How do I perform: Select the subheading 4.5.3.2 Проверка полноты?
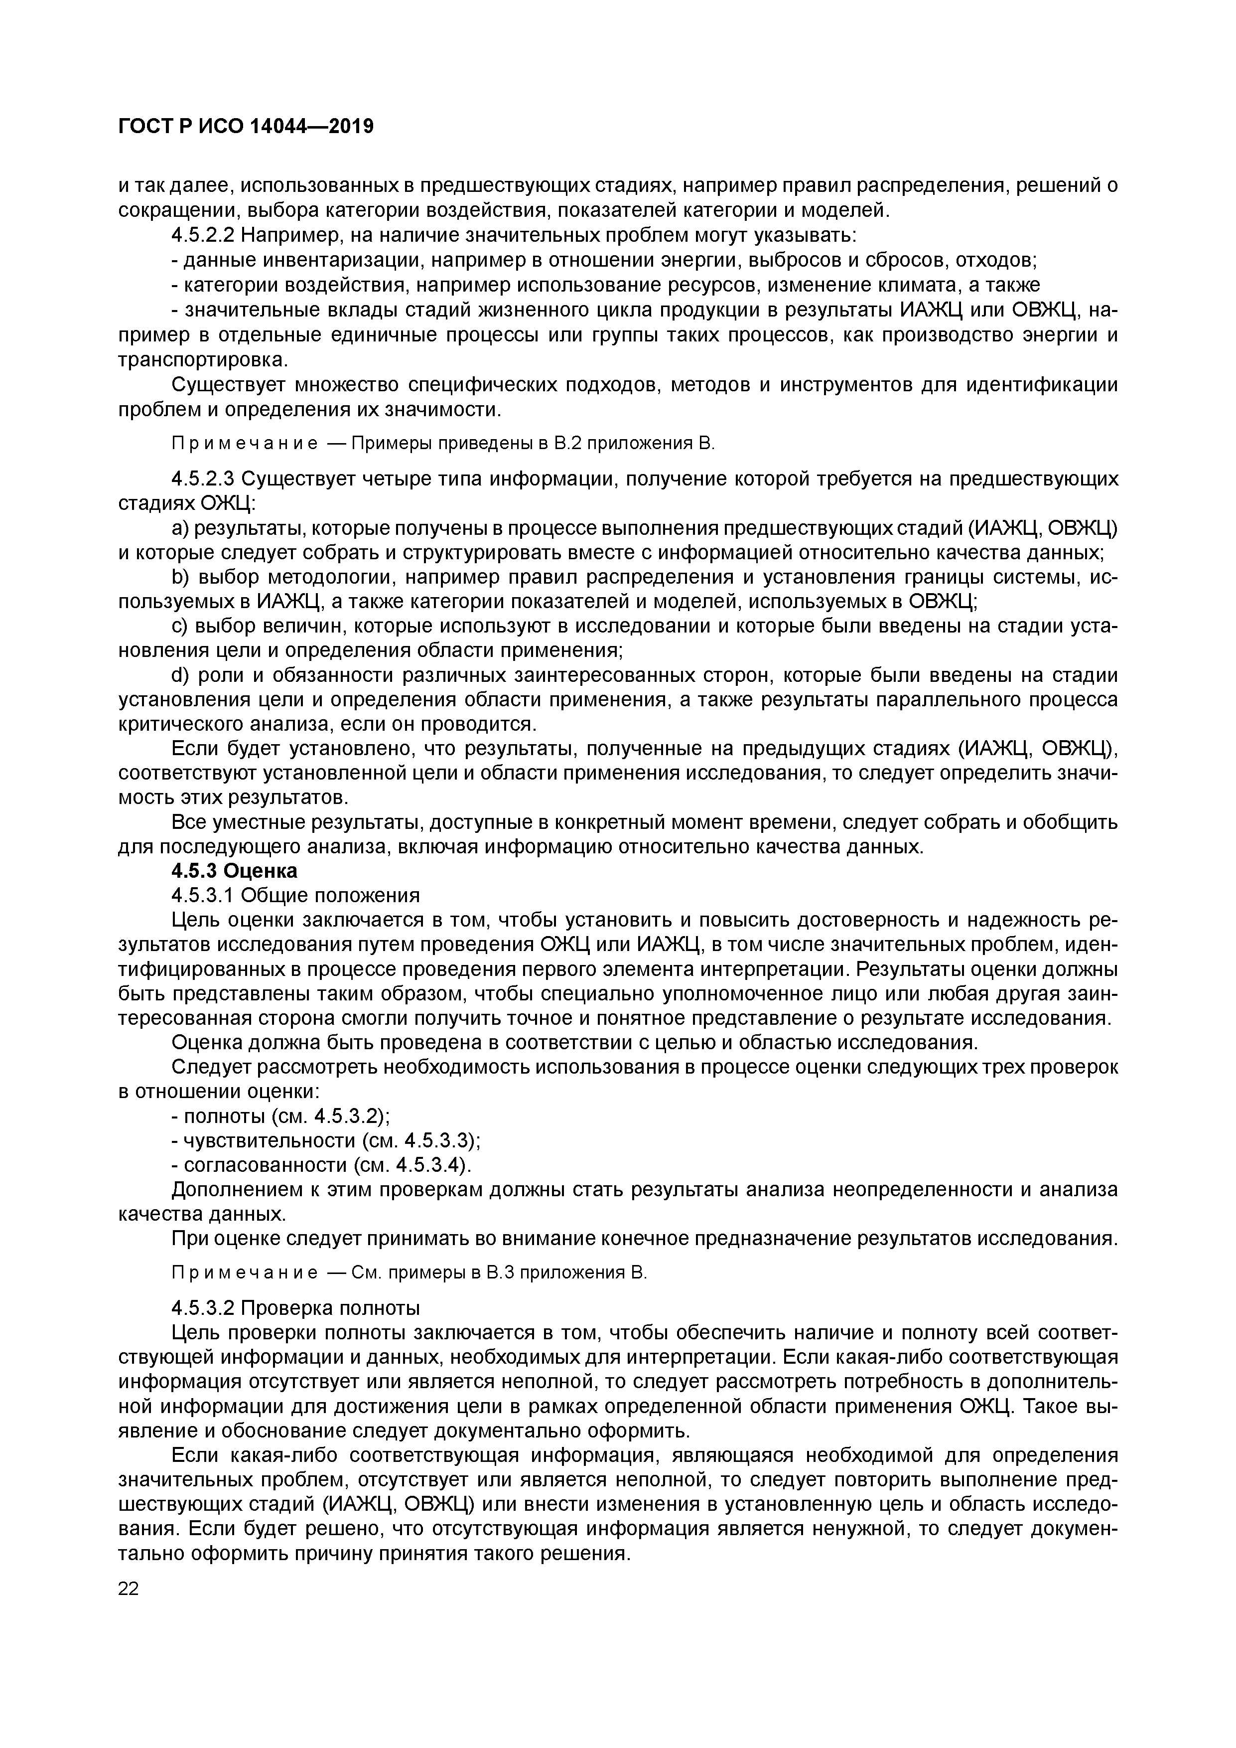pyautogui.click(x=295, y=1308)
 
